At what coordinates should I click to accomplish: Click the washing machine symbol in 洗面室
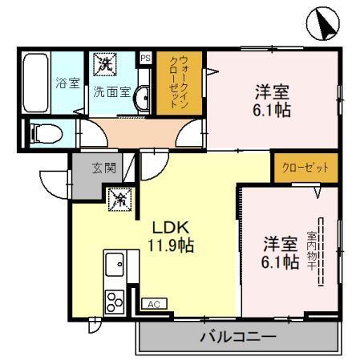(x=103, y=63)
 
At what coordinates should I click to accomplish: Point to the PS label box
(x=145, y=58)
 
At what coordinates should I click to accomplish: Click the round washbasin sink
(x=141, y=99)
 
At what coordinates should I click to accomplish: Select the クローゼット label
(x=305, y=169)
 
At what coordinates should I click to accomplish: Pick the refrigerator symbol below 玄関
(x=119, y=197)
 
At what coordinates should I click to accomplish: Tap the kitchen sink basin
(x=114, y=264)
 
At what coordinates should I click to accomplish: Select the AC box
(x=152, y=304)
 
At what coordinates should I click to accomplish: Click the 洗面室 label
(x=112, y=91)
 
